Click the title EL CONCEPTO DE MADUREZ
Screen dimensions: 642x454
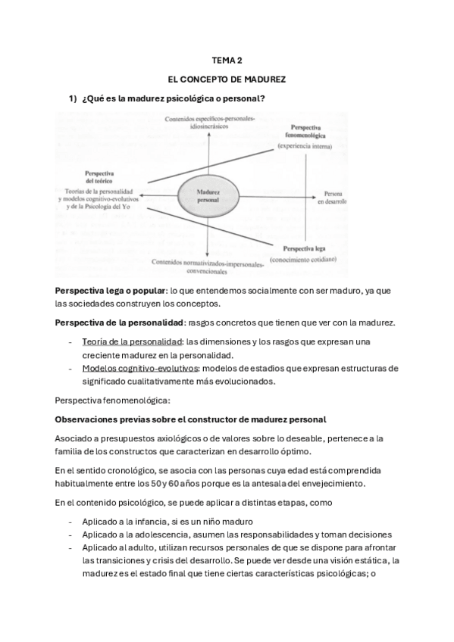coord(227,79)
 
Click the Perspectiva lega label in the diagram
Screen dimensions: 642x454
coord(304,248)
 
